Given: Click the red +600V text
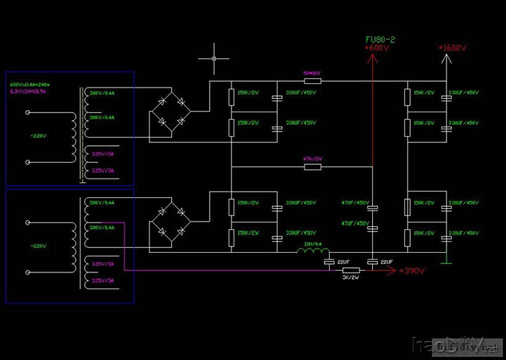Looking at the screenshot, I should (377, 48).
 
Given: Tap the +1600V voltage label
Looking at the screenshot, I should (452, 48).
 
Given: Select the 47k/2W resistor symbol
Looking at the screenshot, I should (313, 167).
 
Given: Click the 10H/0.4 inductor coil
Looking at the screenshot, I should (310, 252).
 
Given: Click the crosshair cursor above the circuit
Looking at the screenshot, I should (215, 57).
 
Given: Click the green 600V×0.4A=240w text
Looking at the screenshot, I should (29, 86).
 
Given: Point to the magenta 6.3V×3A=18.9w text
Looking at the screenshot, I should (28, 92).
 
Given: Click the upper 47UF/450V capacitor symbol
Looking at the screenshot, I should (373, 208).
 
